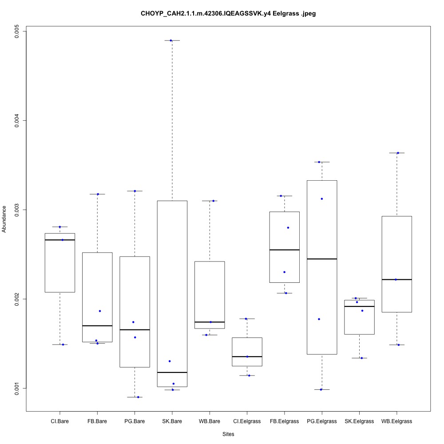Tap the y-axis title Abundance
pyautogui.click(x=5, y=219)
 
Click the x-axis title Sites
pyautogui.click(x=228, y=434)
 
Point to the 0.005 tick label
pyautogui.click(x=16, y=32)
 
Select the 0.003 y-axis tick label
pyautogui.click(x=16, y=210)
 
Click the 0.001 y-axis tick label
pyautogui.click(x=16, y=388)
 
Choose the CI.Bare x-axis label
pyautogui.click(x=60, y=421)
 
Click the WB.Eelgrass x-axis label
pyautogui.click(x=396, y=421)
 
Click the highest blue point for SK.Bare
pyautogui.click(x=171, y=40)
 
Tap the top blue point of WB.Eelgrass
pyautogui.click(x=398, y=153)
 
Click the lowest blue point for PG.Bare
pyautogui.click(x=138, y=397)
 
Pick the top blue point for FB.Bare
pyautogui.click(x=98, y=194)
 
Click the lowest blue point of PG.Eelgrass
pyautogui.click(x=321, y=389)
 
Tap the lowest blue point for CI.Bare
pyautogui.click(x=63, y=345)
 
